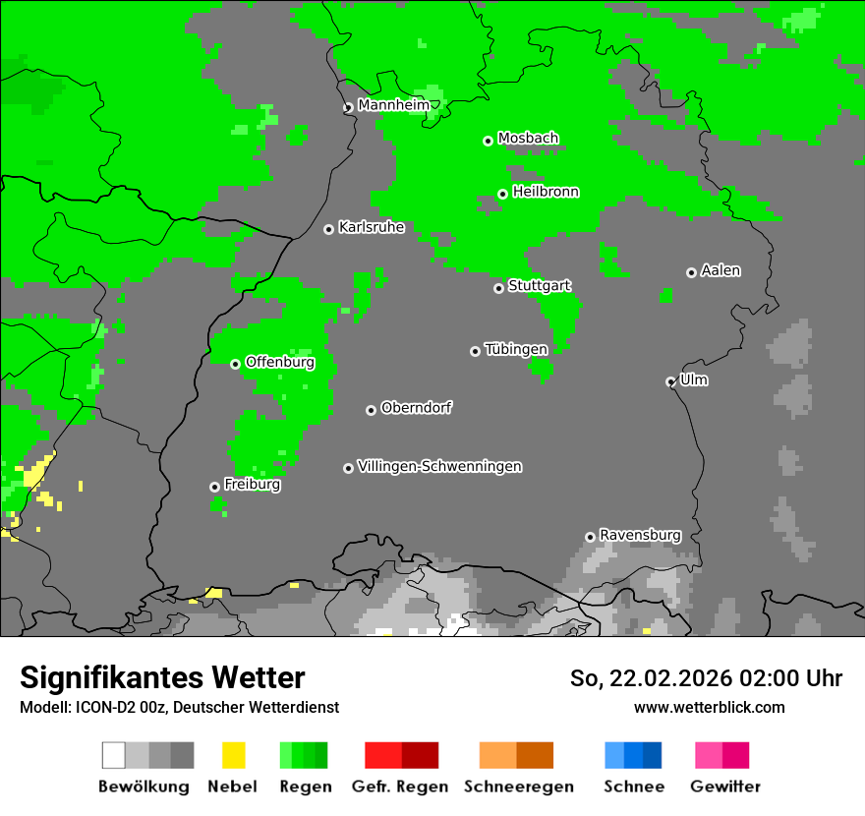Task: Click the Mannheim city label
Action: point(393,104)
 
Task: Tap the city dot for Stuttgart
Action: point(498,288)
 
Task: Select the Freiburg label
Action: point(252,485)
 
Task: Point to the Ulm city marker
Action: point(670,381)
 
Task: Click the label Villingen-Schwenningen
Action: point(439,466)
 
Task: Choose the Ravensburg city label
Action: point(640,535)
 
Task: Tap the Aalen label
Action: point(721,270)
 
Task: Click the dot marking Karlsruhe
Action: point(328,229)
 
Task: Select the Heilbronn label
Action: point(546,192)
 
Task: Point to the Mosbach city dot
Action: point(488,141)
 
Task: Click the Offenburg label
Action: point(279,362)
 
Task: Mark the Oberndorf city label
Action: point(416,407)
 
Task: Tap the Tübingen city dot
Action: point(475,351)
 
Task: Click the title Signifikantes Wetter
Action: point(162,677)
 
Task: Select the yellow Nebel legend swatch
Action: point(233,755)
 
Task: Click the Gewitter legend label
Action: point(724,787)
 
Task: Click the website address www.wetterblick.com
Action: point(709,707)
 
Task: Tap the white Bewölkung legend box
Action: point(114,755)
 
